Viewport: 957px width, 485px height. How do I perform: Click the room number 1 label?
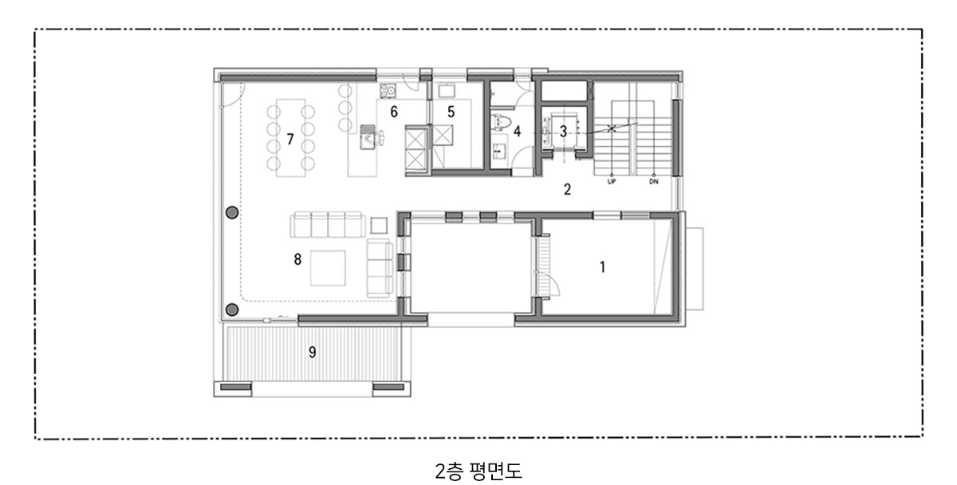[x=602, y=267]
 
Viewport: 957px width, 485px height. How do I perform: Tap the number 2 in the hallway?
[x=567, y=189]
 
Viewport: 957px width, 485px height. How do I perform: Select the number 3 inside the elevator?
[x=563, y=132]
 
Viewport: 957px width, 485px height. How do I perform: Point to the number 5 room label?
[x=451, y=112]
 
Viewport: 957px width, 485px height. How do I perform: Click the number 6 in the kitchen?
[x=394, y=112]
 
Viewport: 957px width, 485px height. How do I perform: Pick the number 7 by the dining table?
[x=290, y=140]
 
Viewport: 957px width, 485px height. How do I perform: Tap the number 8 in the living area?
[x=297, y=259]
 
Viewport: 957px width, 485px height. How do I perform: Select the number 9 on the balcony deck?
[x=313, y=353]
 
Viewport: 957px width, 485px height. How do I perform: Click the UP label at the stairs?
[x=612, y=182]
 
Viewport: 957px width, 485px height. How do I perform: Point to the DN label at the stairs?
[x=654, y=182]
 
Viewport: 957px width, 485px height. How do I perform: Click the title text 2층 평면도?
[x=478, y=471]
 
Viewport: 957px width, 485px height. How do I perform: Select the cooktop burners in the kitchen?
[x=388, y=91]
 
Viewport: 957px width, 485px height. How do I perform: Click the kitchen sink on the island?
[x=368, y=136]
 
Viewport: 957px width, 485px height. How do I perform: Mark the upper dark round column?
[x=232, y=212]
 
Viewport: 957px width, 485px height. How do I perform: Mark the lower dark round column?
[x=232, y=310]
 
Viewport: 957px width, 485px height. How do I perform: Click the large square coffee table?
[x=328, y=268]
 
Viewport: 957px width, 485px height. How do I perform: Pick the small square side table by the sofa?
[x=379, y=226]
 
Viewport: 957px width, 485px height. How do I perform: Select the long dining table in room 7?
[x=290, y=138]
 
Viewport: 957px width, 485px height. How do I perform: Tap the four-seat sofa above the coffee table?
[x=328, y=225]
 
